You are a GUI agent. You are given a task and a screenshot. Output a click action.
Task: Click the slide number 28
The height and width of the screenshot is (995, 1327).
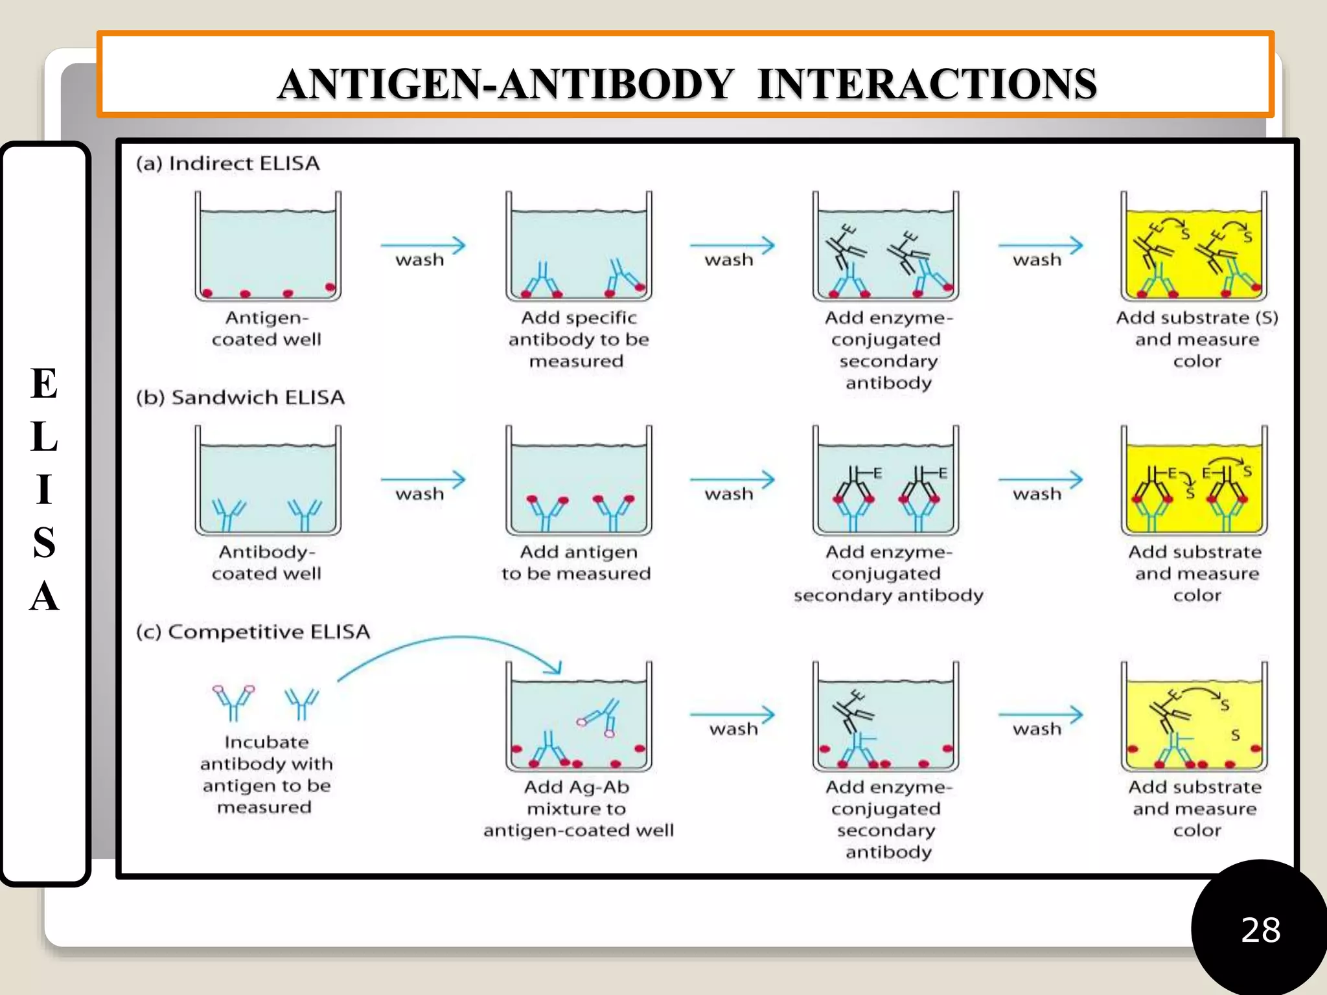[1260, 930]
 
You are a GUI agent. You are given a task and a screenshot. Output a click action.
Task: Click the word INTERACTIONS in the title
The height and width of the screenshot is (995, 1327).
[927, 84]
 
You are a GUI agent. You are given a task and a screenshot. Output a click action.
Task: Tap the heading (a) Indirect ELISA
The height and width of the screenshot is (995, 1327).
[227, 163]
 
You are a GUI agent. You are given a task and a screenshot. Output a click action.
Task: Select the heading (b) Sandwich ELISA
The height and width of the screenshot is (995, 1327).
[240, 397]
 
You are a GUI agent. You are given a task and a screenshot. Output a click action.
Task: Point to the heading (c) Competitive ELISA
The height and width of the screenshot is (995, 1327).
[253, 632]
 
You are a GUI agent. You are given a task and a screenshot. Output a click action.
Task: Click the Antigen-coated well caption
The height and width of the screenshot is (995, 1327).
[266, 328]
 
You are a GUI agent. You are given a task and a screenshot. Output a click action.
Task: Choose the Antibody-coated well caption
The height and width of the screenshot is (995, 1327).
[266, 562]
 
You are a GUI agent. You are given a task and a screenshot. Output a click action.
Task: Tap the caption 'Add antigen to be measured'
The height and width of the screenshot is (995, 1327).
[577, 562]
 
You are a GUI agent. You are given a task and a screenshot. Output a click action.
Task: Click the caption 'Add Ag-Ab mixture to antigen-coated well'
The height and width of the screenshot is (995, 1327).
[578, 808]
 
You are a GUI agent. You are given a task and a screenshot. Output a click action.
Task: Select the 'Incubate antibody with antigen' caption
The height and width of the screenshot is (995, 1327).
[266, 774]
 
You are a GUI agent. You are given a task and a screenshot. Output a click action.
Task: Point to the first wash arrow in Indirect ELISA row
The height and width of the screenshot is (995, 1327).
[422, 246]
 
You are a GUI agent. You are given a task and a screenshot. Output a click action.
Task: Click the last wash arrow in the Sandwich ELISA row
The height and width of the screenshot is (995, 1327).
[1040, 480]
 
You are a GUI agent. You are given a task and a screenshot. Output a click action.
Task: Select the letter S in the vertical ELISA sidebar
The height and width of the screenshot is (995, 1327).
[44, 542]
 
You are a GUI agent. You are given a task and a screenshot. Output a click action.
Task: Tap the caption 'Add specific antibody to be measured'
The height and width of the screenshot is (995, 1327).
[578, 339]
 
